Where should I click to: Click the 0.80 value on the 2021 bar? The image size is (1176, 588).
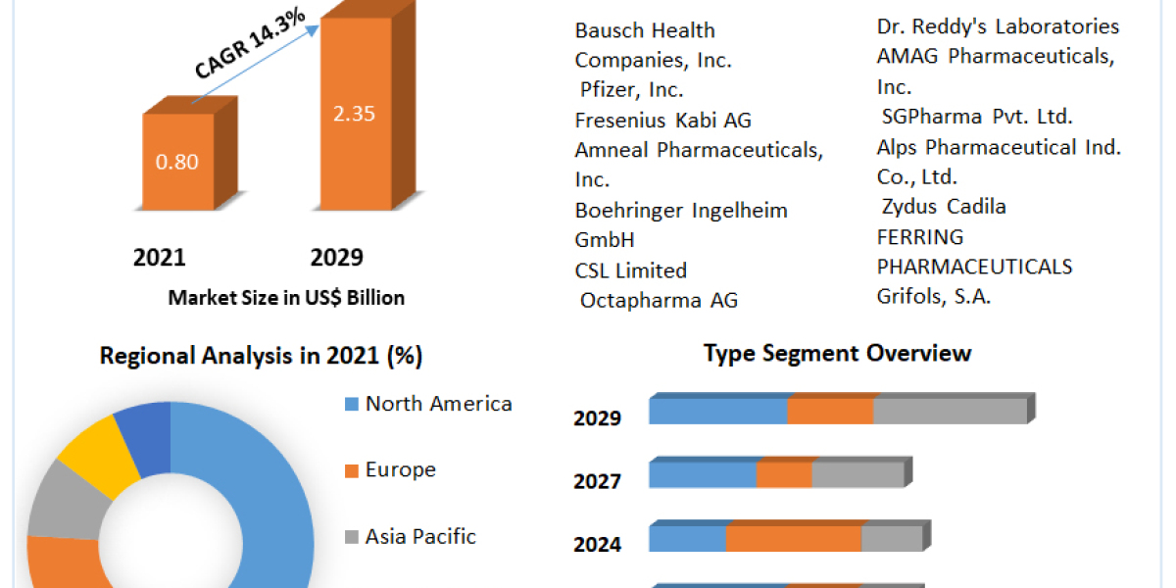point(177,162)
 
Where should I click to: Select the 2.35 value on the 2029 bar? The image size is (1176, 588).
point(354,113)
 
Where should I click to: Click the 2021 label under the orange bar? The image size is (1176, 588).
point(160,258)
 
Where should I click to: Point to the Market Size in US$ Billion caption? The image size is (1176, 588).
point(286,298)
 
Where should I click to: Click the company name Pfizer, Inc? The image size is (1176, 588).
point(632,90)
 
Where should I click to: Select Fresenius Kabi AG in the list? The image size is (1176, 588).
point(662,121)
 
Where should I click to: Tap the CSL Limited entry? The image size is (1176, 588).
point(631,270)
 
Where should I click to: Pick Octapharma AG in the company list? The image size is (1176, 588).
point(659,300)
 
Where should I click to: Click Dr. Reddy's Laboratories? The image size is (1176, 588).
point(998,26)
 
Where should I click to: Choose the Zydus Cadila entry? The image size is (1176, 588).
point(944,206)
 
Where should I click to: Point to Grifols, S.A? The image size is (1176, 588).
point(934,296)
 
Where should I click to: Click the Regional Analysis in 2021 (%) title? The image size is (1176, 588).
point(261,356)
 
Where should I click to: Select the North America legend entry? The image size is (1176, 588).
point(438,403)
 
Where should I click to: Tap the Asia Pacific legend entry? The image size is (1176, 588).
point(420,536)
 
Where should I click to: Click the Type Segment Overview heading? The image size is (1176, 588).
point(837,353)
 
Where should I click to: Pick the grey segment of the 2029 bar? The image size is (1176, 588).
point(949,412)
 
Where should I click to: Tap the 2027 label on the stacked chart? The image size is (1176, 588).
point(597,481)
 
